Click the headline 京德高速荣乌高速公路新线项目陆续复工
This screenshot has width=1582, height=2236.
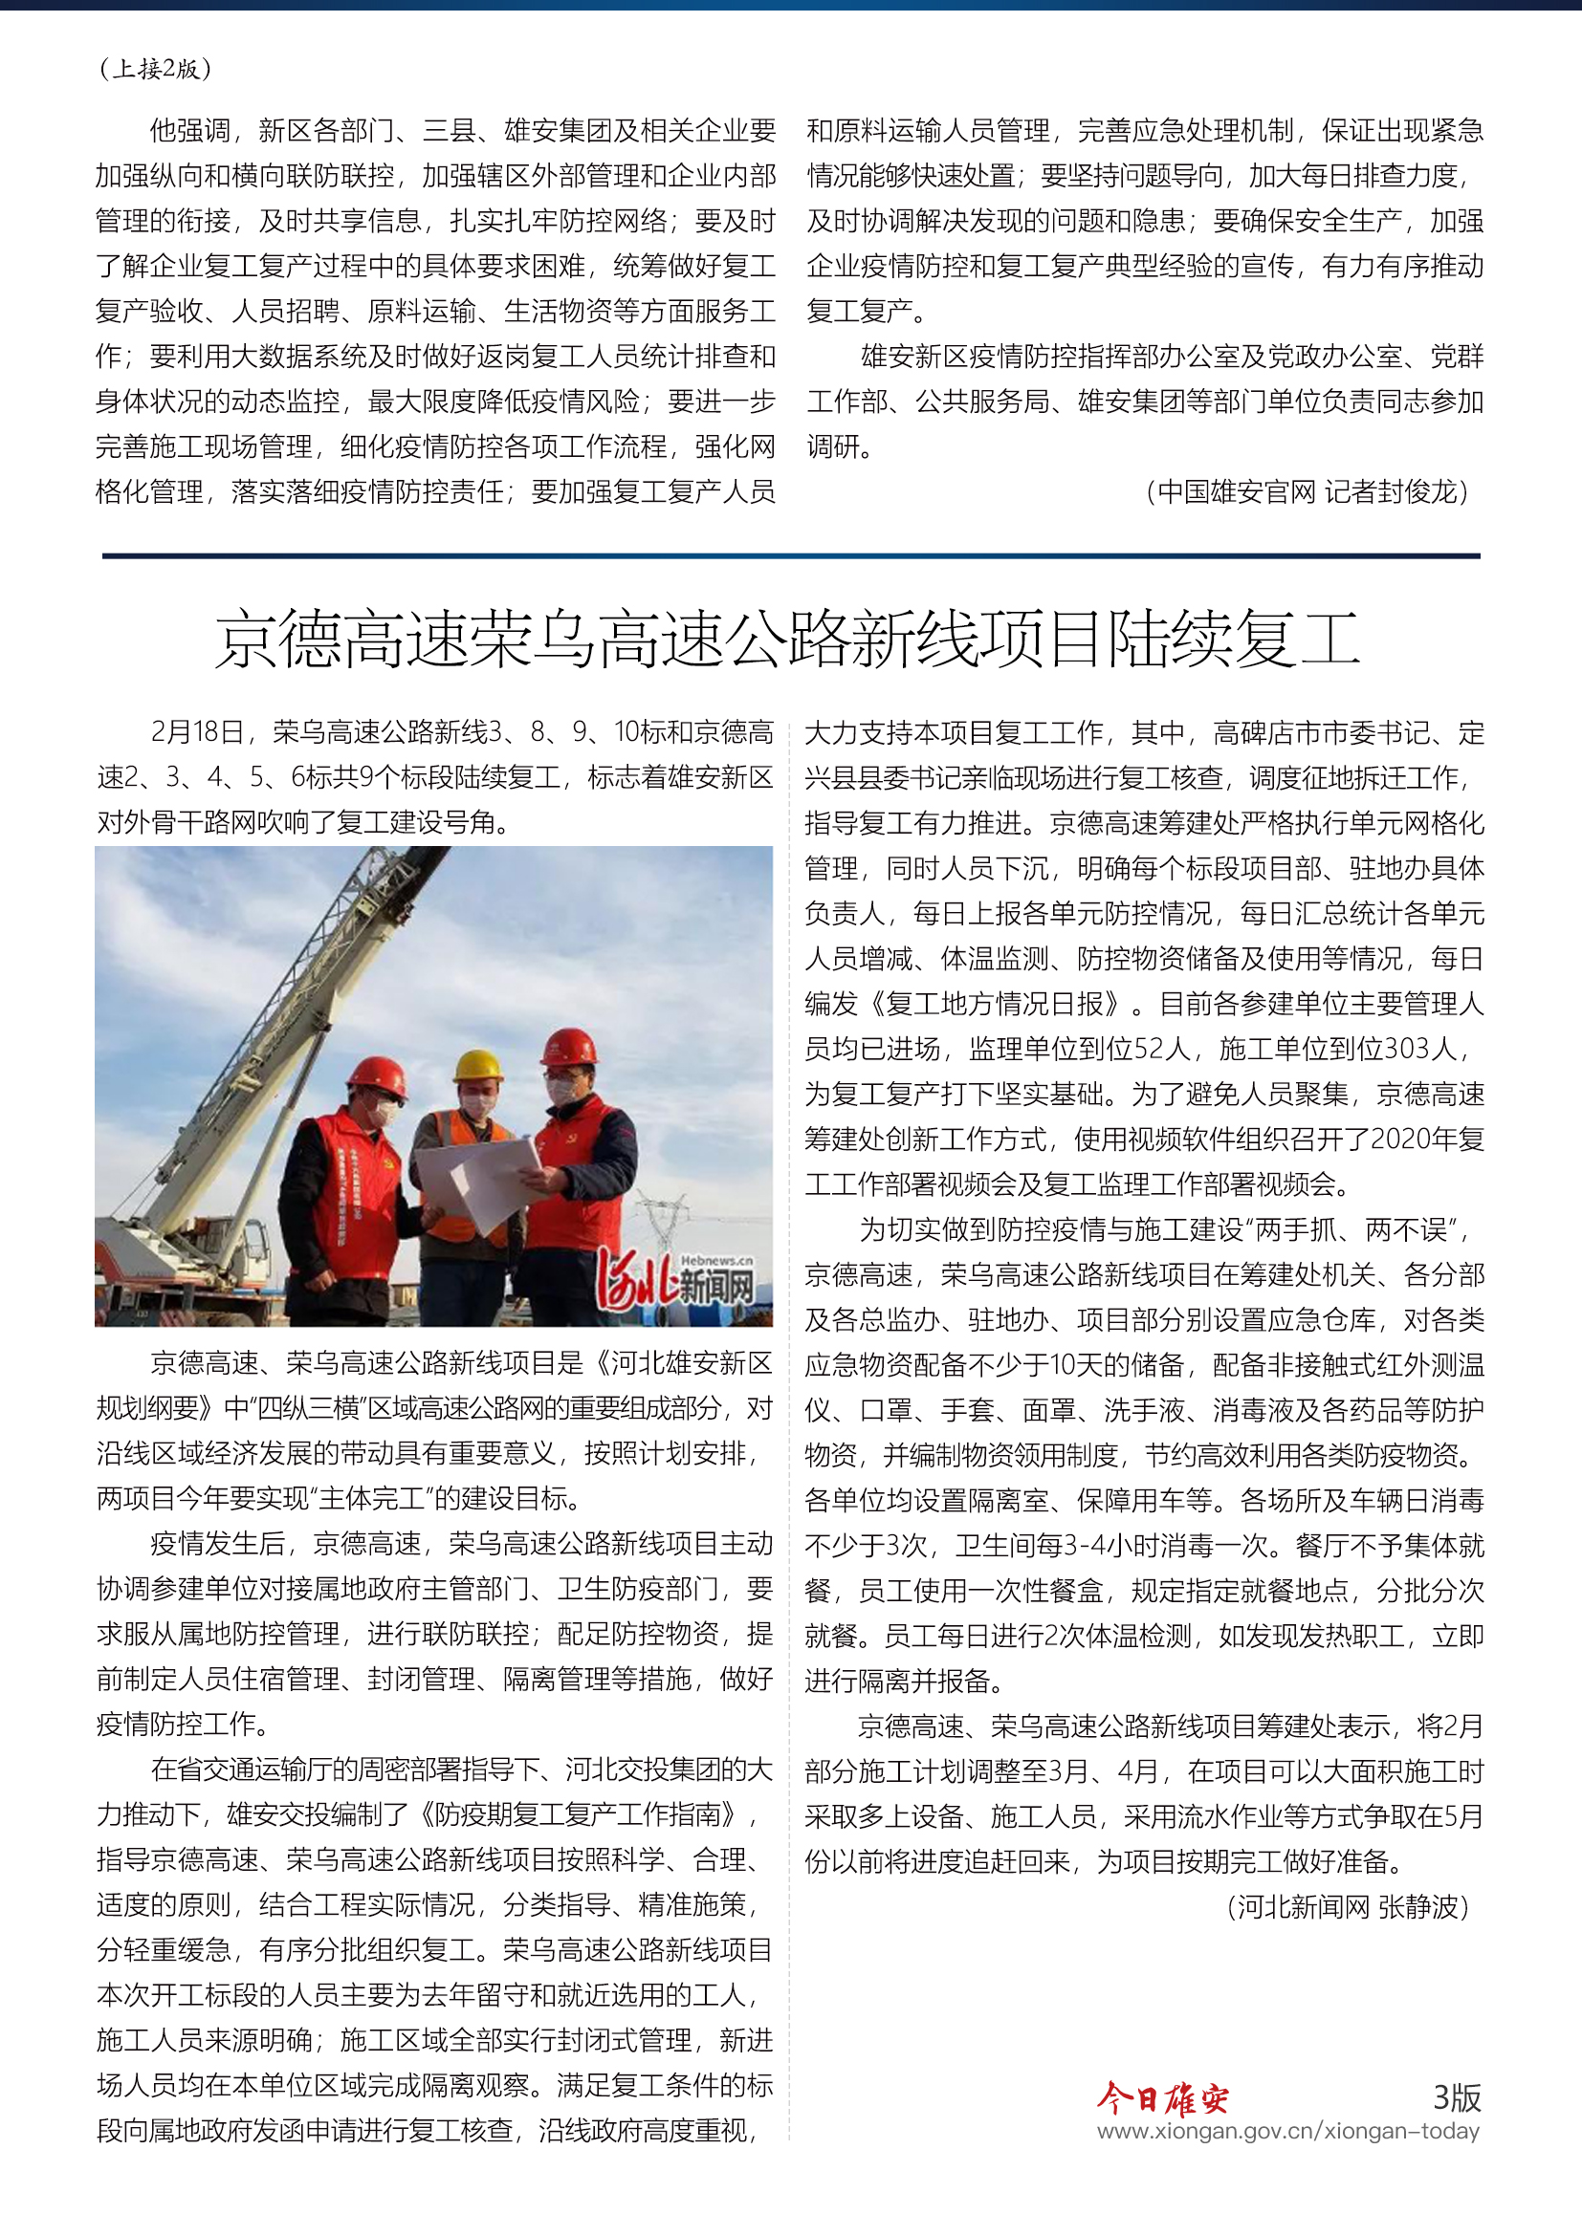(787, 640)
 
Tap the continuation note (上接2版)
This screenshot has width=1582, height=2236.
(156, 68)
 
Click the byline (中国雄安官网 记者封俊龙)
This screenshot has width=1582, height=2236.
(1307, 491)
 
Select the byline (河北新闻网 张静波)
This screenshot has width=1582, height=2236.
(1349, 1907)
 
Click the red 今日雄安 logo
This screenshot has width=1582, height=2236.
(1162, 2098)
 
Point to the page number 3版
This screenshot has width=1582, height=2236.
(1457, 2096)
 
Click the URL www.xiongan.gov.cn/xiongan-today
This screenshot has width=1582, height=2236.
(1287, 2131)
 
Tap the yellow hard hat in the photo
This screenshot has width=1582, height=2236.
(478, 1064)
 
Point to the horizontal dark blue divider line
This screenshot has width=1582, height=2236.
(791, 556)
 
